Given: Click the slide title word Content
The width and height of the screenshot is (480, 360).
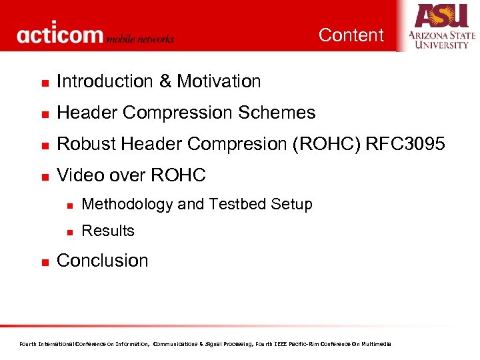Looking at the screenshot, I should click(x=351, y=35).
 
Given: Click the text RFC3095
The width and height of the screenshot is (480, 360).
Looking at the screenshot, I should click(x=405, y=145).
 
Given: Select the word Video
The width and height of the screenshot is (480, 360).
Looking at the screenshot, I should click(x=78, y=175).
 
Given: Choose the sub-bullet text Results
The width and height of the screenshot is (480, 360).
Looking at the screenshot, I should click(x=108, y=231).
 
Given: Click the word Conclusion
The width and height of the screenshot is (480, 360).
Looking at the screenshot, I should click(x=103, y=261).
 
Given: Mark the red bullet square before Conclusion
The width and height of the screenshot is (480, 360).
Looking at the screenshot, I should click(x=43, y=262).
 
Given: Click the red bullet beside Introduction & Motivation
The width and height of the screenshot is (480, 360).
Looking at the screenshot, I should click(x=43, y=83).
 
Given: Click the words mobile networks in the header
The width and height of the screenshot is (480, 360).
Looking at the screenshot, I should click(x=141, y=39).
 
